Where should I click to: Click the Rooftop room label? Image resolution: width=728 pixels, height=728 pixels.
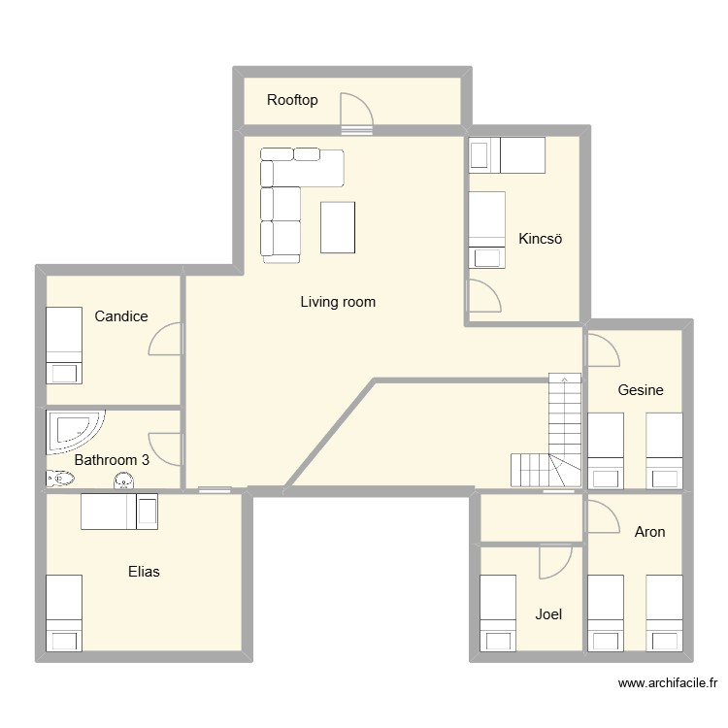click(292, 100)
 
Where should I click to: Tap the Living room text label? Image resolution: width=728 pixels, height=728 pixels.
click(337, 302)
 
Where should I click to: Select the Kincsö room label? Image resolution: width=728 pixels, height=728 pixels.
click(541, 239)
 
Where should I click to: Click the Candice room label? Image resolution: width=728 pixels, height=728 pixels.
click(121, 316)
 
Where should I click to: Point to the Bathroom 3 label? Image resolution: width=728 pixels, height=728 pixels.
click(112, 460)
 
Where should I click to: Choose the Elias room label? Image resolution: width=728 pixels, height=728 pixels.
click(144, 572)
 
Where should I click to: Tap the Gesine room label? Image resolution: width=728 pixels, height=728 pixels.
click(641, 390)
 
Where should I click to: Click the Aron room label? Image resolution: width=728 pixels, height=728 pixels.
click(649, 532)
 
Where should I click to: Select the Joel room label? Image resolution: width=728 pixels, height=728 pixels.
click(548, 614)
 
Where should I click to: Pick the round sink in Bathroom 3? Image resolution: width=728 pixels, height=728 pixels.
click(124, 480)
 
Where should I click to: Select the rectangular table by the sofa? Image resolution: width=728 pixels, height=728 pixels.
click(338, 227)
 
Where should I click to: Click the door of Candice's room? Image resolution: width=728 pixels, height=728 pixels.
click(165, 340)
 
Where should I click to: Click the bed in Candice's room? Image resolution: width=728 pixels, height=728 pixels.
click(64, 346)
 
